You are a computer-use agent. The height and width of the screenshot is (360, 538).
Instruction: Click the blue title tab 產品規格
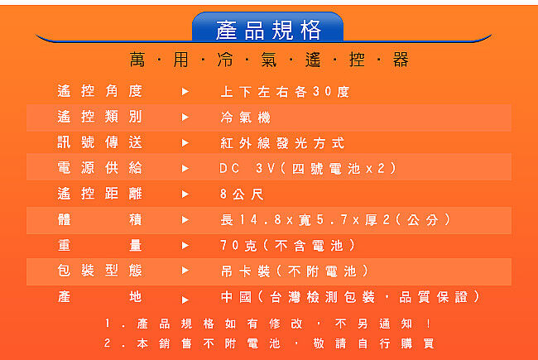267,27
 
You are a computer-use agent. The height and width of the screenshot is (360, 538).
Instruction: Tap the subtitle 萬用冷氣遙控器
269,60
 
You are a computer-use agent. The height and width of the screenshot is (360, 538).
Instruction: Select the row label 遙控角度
100,91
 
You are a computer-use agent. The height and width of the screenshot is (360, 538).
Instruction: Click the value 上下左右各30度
285,92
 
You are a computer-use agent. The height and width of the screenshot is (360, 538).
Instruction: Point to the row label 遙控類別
100,117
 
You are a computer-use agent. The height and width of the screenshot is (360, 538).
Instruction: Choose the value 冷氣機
246,118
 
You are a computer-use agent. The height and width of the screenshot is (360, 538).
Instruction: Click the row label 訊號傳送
100,142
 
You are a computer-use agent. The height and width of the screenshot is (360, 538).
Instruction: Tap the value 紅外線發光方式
282,143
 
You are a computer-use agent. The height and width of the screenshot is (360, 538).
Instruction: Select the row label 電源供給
100,168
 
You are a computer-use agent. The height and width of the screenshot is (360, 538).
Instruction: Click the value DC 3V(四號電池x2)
308,169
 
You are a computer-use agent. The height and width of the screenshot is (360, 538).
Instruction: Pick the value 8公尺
242,194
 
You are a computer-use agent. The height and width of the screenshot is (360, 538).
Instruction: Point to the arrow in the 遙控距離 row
185,194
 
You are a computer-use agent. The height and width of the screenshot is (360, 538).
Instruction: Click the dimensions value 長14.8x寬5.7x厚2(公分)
335,219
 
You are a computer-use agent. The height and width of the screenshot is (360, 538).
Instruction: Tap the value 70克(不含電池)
287,245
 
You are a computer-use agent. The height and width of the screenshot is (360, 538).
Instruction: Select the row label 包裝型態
100,271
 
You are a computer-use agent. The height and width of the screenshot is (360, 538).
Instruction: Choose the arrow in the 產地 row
185,300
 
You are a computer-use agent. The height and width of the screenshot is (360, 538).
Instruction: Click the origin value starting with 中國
350,297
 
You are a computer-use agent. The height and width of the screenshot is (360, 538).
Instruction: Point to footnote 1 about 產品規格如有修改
268,324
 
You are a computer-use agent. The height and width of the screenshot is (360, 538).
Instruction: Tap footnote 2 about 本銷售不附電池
269,343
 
